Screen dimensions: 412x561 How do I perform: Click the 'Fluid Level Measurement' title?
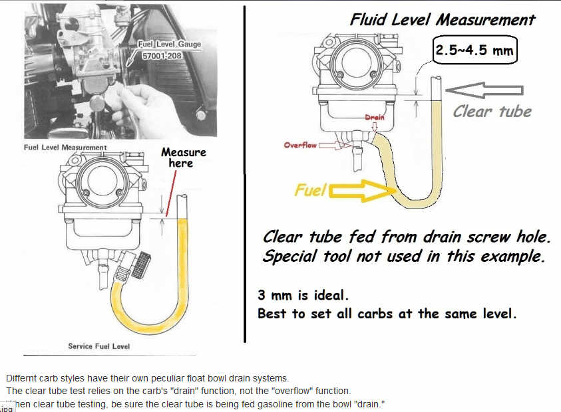coord(443,19)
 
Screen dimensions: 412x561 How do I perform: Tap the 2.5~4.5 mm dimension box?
coord(475,51)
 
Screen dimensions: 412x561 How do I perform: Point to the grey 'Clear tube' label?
coord(492,111)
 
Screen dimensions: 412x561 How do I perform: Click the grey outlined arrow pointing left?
coord(484,90)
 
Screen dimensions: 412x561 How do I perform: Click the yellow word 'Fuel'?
coord(310,191)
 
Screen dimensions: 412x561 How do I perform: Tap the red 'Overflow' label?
coord(301,144)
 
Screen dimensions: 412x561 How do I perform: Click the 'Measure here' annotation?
coord(183,157)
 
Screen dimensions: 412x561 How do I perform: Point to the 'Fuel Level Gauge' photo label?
coord(169,44)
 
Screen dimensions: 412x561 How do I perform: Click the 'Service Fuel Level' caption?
coord(98,346)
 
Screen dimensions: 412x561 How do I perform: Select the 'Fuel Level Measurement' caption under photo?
coord(65,147)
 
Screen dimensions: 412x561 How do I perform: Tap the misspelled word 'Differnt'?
coord(21,377)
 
